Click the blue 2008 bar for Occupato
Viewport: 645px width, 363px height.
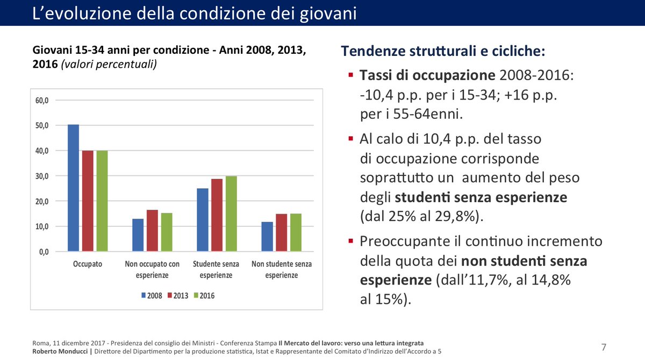coord(73,188)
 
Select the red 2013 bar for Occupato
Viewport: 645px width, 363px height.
coord(88,201)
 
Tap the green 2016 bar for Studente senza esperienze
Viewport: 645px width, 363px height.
coord(217,214)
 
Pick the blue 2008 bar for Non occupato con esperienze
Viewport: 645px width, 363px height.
coord(138,235)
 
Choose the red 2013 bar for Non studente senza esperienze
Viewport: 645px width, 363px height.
coord(281,233)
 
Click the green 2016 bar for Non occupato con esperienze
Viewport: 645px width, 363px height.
coord(167,232)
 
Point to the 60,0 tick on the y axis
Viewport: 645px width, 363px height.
coord(42,101)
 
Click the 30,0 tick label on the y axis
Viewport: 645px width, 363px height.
coord(42,176)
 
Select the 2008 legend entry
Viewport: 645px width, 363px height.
coord(151,295)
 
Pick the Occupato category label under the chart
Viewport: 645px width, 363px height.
coord(88,264)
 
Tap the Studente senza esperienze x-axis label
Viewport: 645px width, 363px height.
coord(216,269)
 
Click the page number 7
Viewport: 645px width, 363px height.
coord(604,347)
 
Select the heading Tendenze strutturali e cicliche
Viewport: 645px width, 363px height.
coord(443,52)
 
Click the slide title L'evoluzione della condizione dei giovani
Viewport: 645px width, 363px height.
coord(194,13)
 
